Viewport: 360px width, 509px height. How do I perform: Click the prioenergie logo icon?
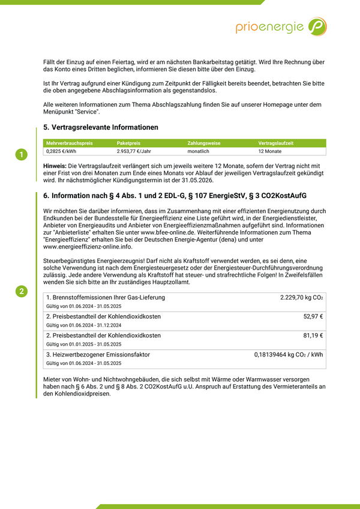click(x=317, y=26)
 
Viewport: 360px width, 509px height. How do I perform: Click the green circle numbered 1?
click(x=21, y=155)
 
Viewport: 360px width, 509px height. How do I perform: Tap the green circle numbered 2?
click(x=21, y=292)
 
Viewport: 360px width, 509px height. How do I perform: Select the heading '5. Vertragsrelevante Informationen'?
click(x=101, y=127)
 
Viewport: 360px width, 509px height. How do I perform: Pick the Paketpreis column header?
click(x=129, y=143)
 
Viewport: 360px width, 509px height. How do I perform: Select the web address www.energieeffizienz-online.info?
click(x=88, y=247)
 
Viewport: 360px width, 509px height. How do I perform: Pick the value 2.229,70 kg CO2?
click(x=301, y=298)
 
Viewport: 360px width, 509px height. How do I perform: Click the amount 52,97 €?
click(x=313, y=316)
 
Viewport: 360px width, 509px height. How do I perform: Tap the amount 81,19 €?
click(x=313, y=336)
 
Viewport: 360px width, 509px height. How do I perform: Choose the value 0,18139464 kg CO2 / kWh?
click(x=289, y=355)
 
